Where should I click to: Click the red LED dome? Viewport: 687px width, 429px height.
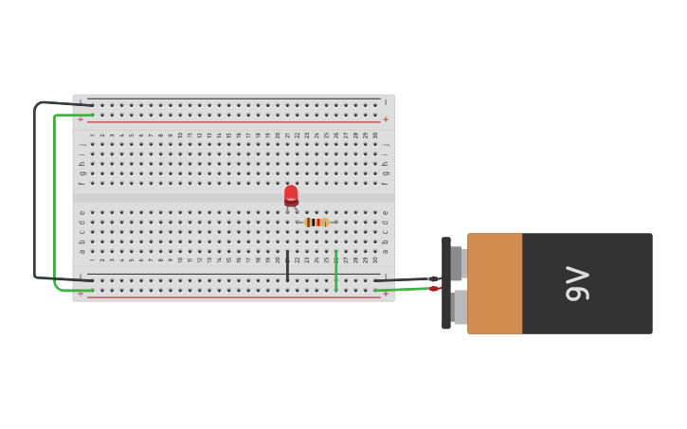click(291, 193)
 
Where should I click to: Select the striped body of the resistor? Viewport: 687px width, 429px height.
click(316, 223)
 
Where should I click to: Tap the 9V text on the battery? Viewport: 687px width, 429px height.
click(577, 283)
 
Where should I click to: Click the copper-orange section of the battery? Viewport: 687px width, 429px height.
click(494, 283)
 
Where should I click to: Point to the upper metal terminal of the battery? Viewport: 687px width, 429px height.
click(458, 262)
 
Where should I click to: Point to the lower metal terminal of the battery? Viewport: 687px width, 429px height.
click(460, 307)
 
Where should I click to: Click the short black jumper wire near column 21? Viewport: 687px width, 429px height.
click(287, 266)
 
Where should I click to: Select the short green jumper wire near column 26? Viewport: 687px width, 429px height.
click(335, 270)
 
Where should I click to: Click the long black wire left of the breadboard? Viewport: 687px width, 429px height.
click(35, 189)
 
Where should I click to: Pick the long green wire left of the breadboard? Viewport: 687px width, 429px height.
click(55, 199)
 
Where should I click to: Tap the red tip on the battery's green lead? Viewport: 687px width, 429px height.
click(433, 288)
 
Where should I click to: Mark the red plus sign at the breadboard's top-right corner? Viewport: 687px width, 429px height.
click(386, 119)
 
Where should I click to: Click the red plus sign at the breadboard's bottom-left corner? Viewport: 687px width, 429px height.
click(81, 295)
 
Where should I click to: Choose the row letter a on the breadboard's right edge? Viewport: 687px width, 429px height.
click(386, 251)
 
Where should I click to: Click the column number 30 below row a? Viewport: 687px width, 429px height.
click(375, 259)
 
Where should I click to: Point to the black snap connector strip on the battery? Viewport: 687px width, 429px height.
click(445, 283)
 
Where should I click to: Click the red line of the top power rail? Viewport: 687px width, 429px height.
click(237, 122)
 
